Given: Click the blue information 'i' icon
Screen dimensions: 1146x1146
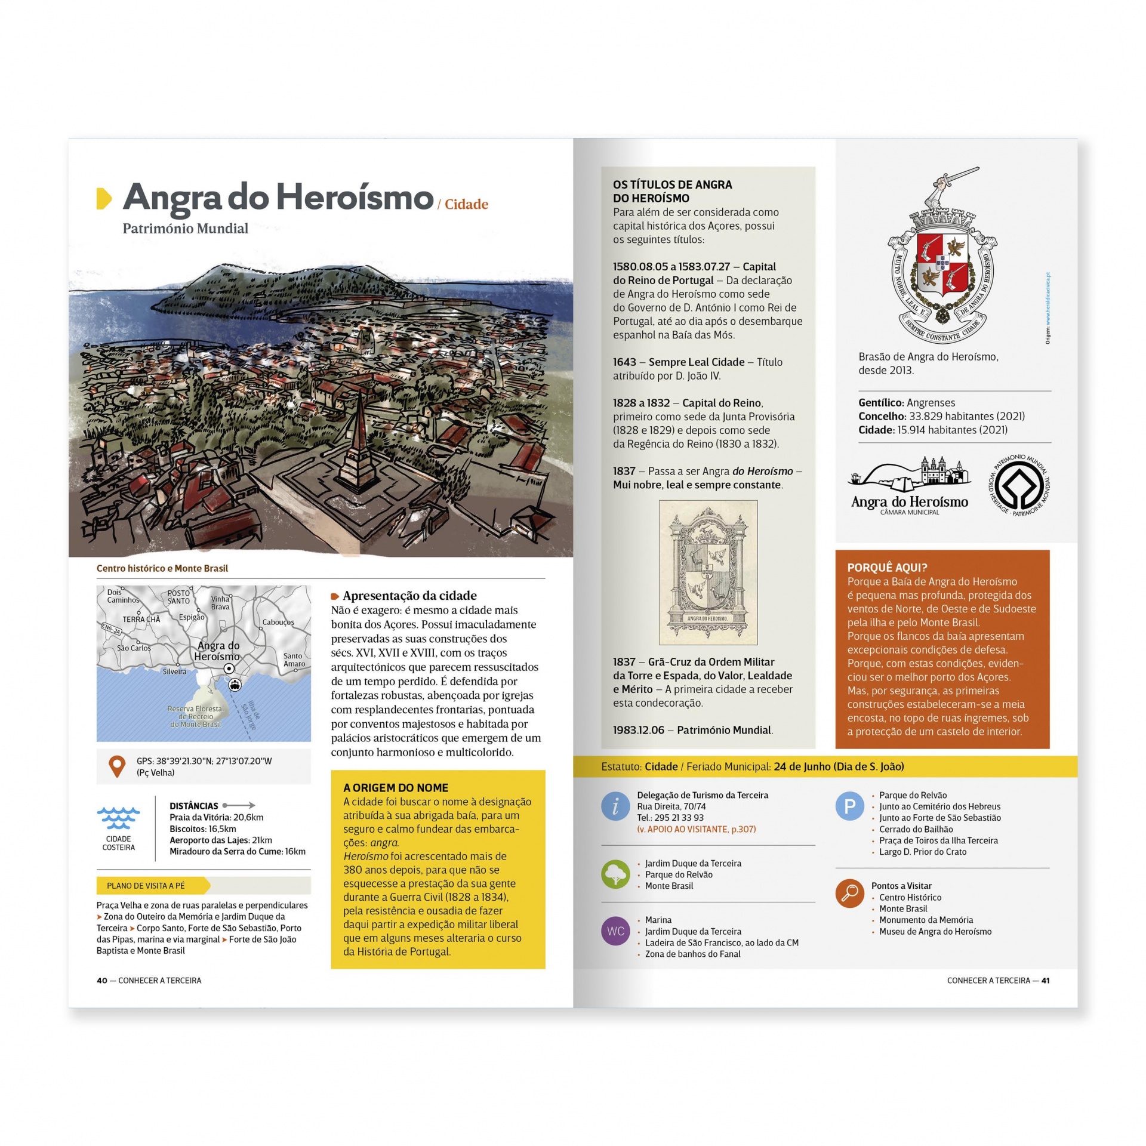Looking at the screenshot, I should pos(615,806).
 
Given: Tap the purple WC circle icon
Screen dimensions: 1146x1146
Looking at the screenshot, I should pos(615,931).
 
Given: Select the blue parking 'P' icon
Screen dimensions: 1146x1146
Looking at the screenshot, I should pos(850,806).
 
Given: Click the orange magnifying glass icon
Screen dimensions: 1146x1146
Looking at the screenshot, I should pos(850,894).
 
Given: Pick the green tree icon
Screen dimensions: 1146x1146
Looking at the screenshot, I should pos(615,874).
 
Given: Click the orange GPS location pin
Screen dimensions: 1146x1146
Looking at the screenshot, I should pos(117,766).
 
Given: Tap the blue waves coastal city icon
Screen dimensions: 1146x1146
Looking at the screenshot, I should pos(118,818).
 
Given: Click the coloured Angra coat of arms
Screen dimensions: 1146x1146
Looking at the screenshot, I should pos(942,263).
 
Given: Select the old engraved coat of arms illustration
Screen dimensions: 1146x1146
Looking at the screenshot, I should pos(708,572).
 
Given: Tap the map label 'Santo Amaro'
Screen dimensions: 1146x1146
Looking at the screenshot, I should pos(294,660).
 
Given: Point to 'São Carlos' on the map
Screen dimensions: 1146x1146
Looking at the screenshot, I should pos(134,648).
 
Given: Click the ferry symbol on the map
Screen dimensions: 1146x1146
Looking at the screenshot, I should pos(235,685).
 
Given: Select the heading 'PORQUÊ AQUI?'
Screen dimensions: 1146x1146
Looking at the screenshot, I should pos(887,568).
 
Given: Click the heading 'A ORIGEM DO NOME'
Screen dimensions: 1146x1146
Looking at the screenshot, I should pos(395,788).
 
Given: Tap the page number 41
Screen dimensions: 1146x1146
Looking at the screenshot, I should pos(1045,980).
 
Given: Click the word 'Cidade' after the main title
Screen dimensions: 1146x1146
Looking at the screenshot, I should pos(466,204).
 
